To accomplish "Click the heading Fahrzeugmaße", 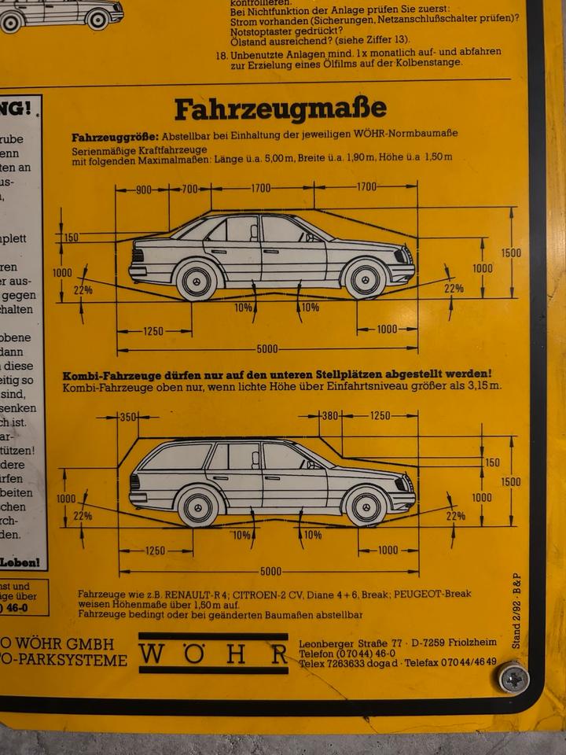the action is pos(280,109).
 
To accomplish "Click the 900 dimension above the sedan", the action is pos(143,189).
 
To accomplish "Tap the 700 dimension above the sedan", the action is pos(190,189).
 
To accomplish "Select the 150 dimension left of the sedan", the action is pos(71,237).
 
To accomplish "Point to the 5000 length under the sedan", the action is pos(266,348).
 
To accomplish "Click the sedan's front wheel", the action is pos(366,278).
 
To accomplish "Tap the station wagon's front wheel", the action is pos(366,506).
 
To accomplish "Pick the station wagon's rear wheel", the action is pos(199,506).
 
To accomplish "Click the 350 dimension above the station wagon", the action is pos(127,417).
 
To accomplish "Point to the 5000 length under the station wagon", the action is pos(270,572).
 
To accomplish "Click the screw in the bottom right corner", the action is pos(513,677).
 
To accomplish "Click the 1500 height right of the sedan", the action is pos(511,252).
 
